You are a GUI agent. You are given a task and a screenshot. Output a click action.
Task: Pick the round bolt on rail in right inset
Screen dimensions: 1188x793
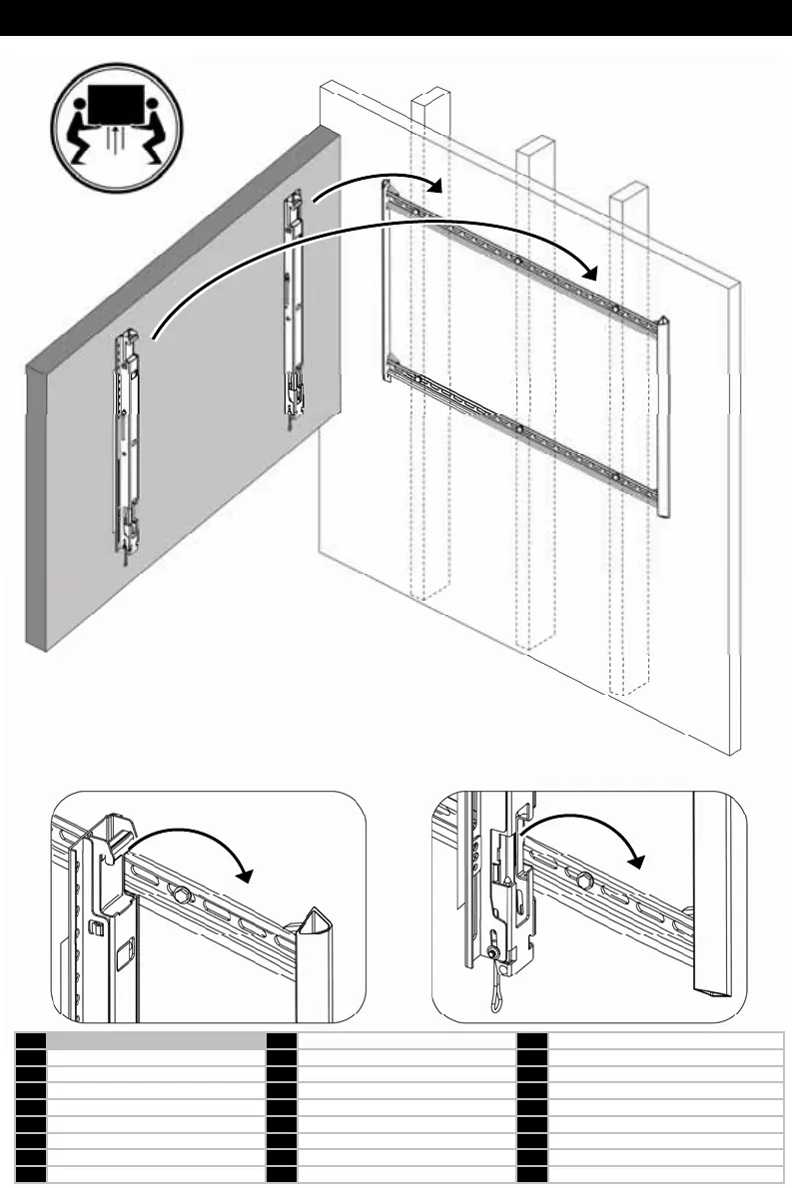pyautogui.click(x=584, y=880)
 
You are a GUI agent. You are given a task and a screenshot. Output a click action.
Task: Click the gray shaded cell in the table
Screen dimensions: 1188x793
pyautogui.click(x=151, y=1041)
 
